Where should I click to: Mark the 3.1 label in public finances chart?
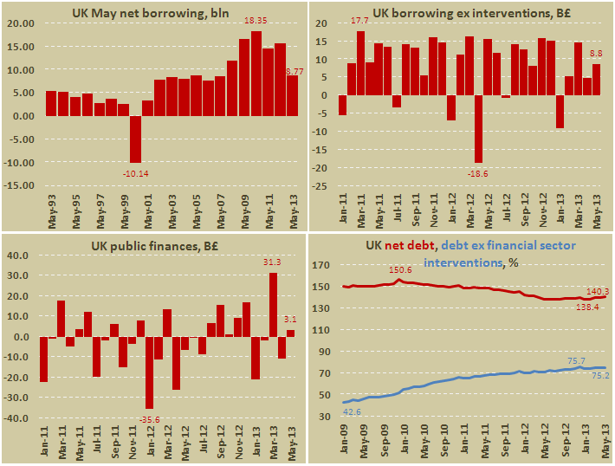pos(290,319)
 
